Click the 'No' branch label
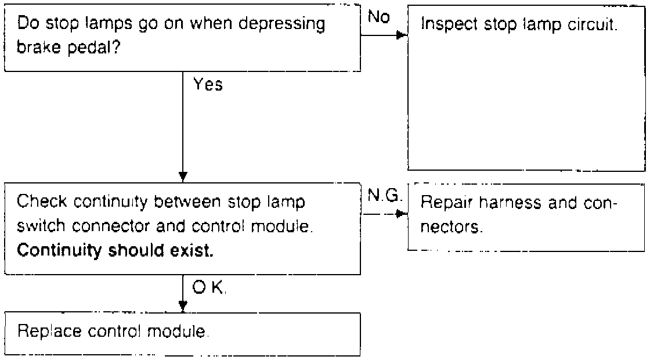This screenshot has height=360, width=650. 379,17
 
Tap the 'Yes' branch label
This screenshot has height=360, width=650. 208,85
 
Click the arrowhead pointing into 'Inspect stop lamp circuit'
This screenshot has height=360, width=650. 400,35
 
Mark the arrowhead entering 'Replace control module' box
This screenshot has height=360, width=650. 183,306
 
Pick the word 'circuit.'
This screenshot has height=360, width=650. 593,26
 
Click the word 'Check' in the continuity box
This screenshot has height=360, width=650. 41,204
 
